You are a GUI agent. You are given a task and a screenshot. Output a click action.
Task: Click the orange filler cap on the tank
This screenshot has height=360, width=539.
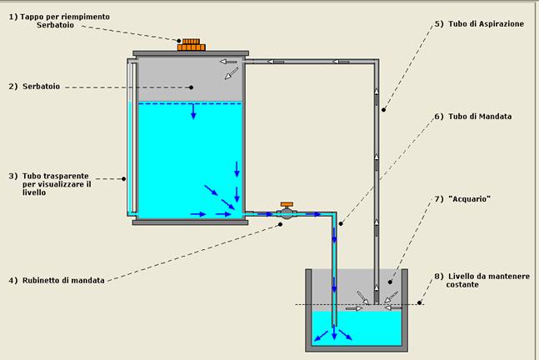pyautogui.click(x=191, y=45)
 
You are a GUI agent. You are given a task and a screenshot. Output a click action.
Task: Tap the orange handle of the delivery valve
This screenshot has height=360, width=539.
pyautogui.click(x=287, y=205)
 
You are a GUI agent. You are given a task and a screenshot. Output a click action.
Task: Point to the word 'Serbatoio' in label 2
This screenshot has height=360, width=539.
pyautogui.click(x=41, y=87)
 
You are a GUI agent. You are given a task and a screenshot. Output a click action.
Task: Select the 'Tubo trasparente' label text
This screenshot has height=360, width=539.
pyautogui.click(x=55, y=176)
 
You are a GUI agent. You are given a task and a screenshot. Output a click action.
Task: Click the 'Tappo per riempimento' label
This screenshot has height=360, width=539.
pyautogui.click(x=65, y=17)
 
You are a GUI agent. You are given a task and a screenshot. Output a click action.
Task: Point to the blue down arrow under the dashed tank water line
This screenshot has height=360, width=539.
pyautogui.click(x=193, y=112)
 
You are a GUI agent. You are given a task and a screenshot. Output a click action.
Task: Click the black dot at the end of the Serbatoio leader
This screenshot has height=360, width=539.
pyautogui.click(x=191, y=87)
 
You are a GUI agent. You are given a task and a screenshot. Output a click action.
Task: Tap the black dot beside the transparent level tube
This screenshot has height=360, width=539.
pyautogui.click(x=124, y=179)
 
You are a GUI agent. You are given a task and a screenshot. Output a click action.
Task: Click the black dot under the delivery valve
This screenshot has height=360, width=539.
pyautogui.click(x=281, y=224)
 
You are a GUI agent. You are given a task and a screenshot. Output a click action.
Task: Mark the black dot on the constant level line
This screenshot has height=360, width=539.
pyautogui.click(x=419, y=303)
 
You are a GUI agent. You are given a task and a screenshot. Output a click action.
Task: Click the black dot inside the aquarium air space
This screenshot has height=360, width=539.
pyautogui.click(x=390, y=282)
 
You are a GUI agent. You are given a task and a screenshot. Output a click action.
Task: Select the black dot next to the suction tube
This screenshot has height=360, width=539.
pyautogui.click(x=383, y=110)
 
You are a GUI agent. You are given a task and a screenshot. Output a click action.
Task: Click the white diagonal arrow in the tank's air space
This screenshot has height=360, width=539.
pyautogui.click(x=231, y=74)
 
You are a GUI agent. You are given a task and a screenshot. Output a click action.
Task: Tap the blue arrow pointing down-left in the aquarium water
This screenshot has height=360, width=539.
pyautogui.click(x=321, y=336)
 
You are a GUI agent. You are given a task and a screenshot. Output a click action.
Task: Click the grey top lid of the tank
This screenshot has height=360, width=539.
pyautogui.click(x=191, y=53)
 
